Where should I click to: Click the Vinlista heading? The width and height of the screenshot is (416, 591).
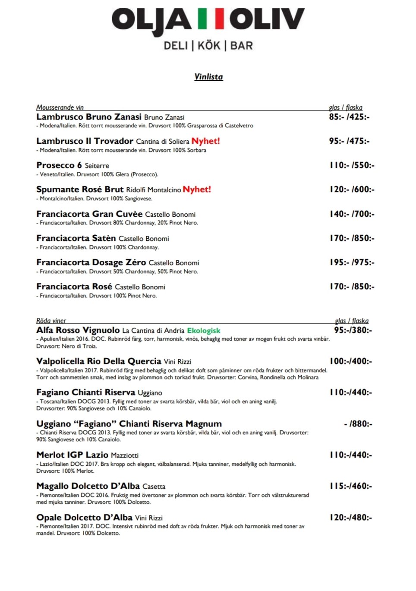(208, 77)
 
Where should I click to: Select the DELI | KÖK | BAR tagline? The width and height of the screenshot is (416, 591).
(208, 45)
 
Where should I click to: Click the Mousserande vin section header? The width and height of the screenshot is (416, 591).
(60, 107)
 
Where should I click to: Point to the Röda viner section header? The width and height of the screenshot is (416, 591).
(51, 320)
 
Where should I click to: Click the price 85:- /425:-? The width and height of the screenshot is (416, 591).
(349, 117)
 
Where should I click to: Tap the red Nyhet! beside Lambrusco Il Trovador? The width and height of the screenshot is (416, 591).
(205, 141)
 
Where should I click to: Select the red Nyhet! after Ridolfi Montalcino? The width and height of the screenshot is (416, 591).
(197, 189)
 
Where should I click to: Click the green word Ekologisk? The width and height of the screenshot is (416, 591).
(204, 330)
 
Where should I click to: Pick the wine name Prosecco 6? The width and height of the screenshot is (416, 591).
(59, 165)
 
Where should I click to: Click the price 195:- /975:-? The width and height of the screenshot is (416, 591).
(352, 262)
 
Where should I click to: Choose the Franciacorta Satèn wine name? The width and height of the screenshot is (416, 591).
(76, 238)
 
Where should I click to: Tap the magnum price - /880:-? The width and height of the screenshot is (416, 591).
(358, 423)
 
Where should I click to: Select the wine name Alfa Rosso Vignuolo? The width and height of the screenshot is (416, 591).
(78, 330)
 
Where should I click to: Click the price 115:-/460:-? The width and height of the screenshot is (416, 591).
(350, 486)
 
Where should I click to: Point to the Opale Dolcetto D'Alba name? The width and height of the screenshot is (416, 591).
(84, 517)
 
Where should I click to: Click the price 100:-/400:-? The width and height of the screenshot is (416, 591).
(350, 361)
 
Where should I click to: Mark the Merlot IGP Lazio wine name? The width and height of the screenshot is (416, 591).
(72, 455)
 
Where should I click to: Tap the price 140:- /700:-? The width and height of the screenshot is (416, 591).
(352, 214)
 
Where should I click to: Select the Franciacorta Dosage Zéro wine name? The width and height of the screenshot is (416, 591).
(91, 262)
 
